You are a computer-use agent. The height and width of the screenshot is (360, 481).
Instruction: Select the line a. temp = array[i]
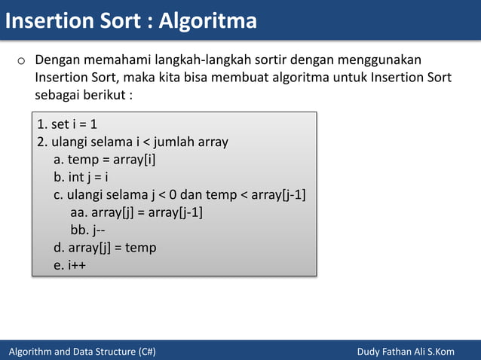coord(104,160)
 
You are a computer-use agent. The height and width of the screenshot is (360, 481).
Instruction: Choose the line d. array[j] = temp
coord(105,247)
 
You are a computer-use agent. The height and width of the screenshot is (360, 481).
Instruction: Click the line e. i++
coord(70,265)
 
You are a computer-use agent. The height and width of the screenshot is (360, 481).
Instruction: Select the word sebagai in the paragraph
coord(58,96)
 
